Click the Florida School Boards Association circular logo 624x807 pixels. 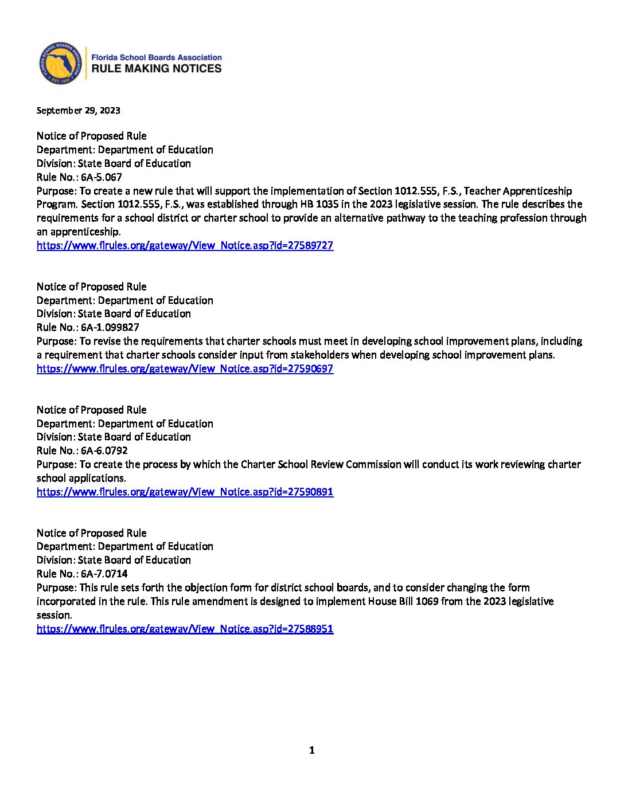60,64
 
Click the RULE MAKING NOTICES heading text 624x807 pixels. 157,69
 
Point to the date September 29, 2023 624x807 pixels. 78,111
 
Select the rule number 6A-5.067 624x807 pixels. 101,177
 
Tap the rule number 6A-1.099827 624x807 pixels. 110,327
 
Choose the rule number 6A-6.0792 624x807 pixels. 104,450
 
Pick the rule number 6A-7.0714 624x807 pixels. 104,574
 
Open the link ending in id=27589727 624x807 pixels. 185,245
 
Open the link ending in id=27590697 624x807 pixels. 185,369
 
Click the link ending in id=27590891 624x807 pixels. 185,492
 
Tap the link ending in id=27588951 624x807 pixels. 185,629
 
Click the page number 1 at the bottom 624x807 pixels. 311,750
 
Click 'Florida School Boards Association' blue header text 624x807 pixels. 157,57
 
